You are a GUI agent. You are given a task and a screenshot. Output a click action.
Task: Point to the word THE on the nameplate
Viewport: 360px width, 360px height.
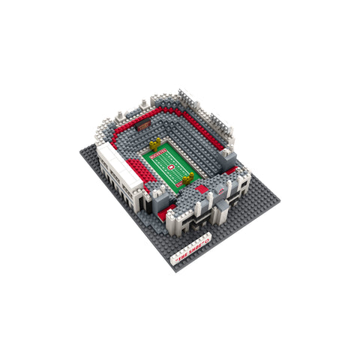coord(184,256)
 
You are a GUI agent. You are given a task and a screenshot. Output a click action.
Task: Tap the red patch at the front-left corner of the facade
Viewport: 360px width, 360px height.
coord(163,213)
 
